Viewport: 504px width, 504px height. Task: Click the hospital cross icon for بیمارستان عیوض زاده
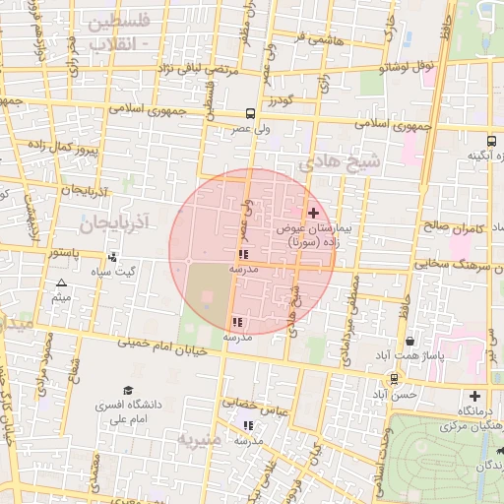click(x=313, y=213)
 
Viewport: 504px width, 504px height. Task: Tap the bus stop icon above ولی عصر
click(x=250, y=113)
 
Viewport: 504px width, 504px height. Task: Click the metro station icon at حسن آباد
click(x=395, y=378)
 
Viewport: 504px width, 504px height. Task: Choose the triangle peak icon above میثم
click(x=61, y=283)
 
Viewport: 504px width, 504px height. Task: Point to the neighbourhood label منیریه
click(x=199, y=437)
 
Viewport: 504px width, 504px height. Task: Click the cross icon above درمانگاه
click(x=474, y=395)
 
